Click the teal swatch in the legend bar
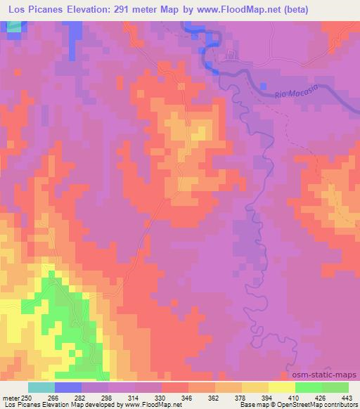(x=41, y=387)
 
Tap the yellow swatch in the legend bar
(x=282, y=387)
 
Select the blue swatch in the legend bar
(x=68, y=387)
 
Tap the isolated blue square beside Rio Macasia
(x=263, y=86)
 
